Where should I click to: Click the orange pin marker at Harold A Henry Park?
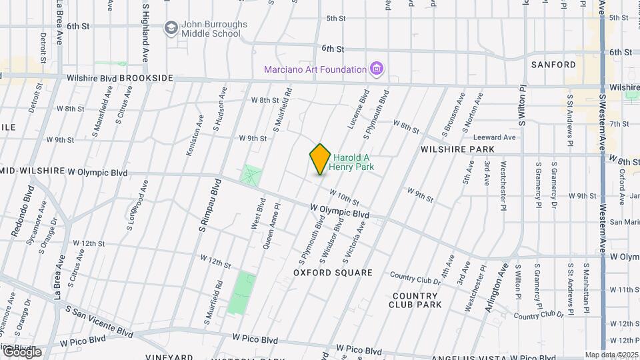[x=320, y=159]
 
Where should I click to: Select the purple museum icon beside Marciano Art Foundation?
[x=377, y=69]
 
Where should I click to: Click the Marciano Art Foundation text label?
[x=315, y=69]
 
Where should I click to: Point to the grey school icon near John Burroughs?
[x=171, y=27]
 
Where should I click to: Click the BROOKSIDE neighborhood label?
[x=147, y=78]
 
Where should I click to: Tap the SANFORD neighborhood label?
[x=553, y=65]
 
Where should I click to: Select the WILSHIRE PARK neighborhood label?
[x=457, y=149]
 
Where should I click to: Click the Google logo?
[x=21, y=351]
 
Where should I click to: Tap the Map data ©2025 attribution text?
[x=611, y=355]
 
